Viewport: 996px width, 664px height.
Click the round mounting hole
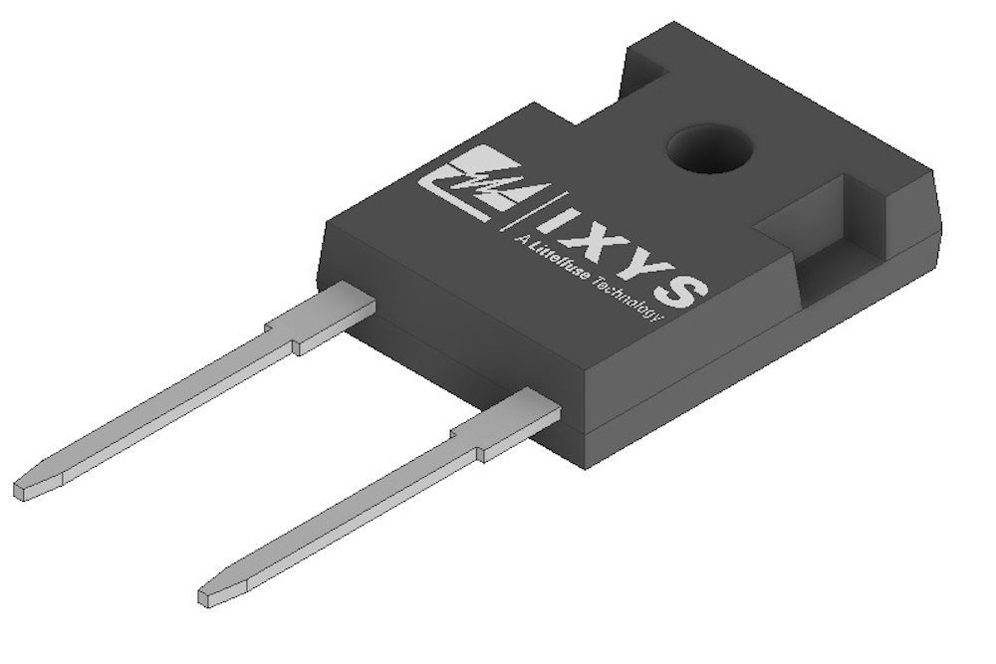709,150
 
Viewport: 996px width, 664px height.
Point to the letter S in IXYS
685,286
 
